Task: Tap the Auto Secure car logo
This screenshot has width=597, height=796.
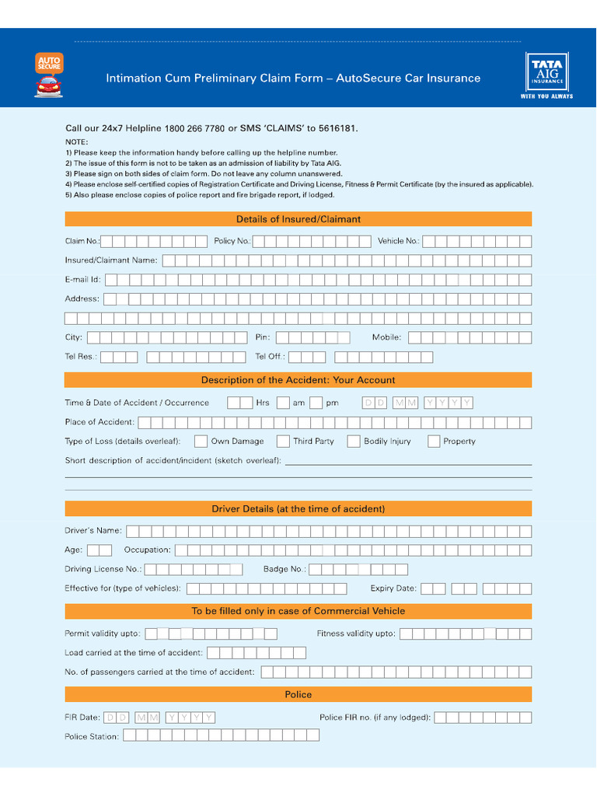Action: click(49, 75)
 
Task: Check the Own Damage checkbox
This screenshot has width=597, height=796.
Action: click(201, 442)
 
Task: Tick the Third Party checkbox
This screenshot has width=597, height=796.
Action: click(283, 442)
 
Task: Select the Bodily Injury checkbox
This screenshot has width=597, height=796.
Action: click(354, 442)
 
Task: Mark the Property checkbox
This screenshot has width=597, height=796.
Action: click(433, 442)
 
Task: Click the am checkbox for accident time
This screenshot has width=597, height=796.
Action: click(316, 403)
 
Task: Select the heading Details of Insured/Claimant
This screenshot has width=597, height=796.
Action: click(298, 219)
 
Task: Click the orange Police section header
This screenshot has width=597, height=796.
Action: click(298, 694)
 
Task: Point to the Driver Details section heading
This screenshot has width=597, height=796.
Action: click(298, 509)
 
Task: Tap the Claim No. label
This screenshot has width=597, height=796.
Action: click(82, 242)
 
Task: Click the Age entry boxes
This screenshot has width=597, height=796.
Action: click(99, 550)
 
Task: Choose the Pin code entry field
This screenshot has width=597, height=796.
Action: click(312, 337)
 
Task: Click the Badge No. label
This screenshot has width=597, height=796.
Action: click(285, 570)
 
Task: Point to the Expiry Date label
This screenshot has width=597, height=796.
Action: click(393, 588)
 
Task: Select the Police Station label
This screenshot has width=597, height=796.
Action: click(92, 736)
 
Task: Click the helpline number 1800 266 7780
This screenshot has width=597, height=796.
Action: click(194, 128)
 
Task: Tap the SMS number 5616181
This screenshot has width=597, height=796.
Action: click(338, 128)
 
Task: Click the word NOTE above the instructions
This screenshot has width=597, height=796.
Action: click(77, 142)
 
